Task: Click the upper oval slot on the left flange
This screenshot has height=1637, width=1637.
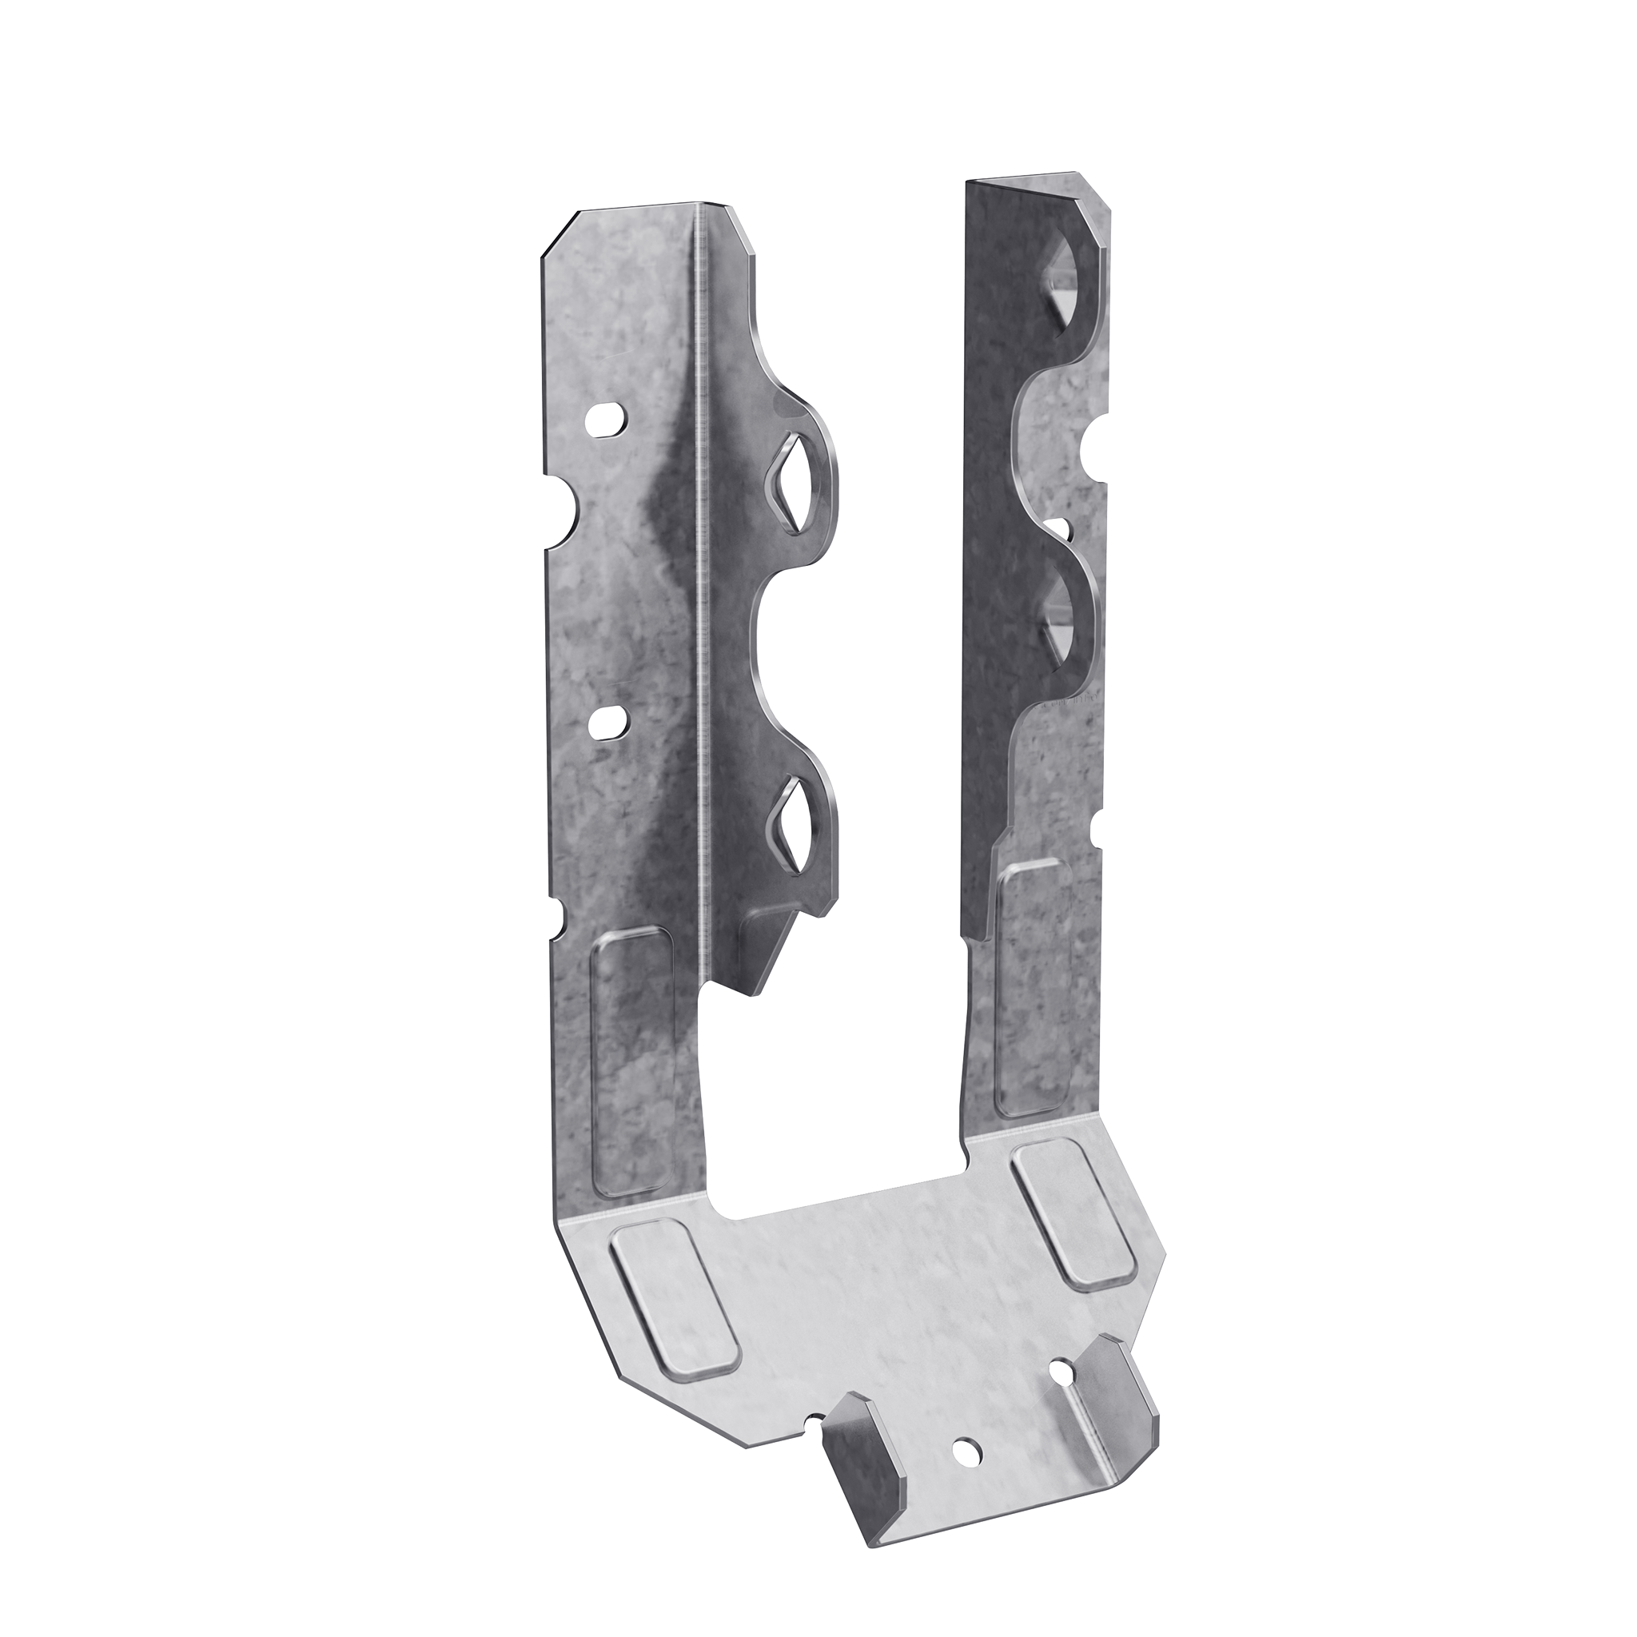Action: pos(607,420)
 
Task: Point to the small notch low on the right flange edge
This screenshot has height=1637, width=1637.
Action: pos(1099,830)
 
